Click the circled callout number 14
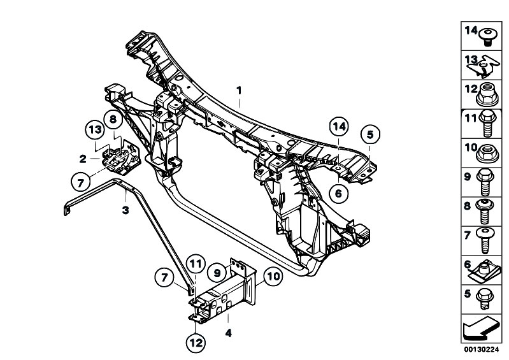click(338, 127)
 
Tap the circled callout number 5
click(370, 134)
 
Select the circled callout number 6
click(338, 194)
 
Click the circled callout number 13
click(95, 130)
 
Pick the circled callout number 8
click(113, 119)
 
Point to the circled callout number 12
click(196, 343)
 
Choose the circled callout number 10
click(273, 277)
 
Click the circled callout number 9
click(217, 273)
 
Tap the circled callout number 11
click(196, 264)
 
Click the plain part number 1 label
click(240, 90)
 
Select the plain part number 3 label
click(125, 210)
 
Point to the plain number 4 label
click(229, 333)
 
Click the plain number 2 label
click(83, 159)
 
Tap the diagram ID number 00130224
click(481, 350)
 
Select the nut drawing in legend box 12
click(487, 94)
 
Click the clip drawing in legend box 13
click(483, 66)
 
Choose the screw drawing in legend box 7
click(485, 240)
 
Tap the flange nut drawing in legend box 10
click(487, 153)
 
